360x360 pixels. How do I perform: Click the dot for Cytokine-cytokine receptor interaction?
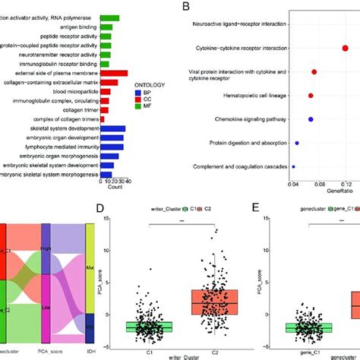[x=344, y=49]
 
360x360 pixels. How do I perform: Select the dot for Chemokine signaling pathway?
[x=311, y=119]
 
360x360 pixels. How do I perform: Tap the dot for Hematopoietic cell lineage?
[x=311, y=96]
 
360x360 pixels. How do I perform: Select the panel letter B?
[x=186, y=6]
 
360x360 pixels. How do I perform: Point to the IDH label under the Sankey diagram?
[x=90, y=352]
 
